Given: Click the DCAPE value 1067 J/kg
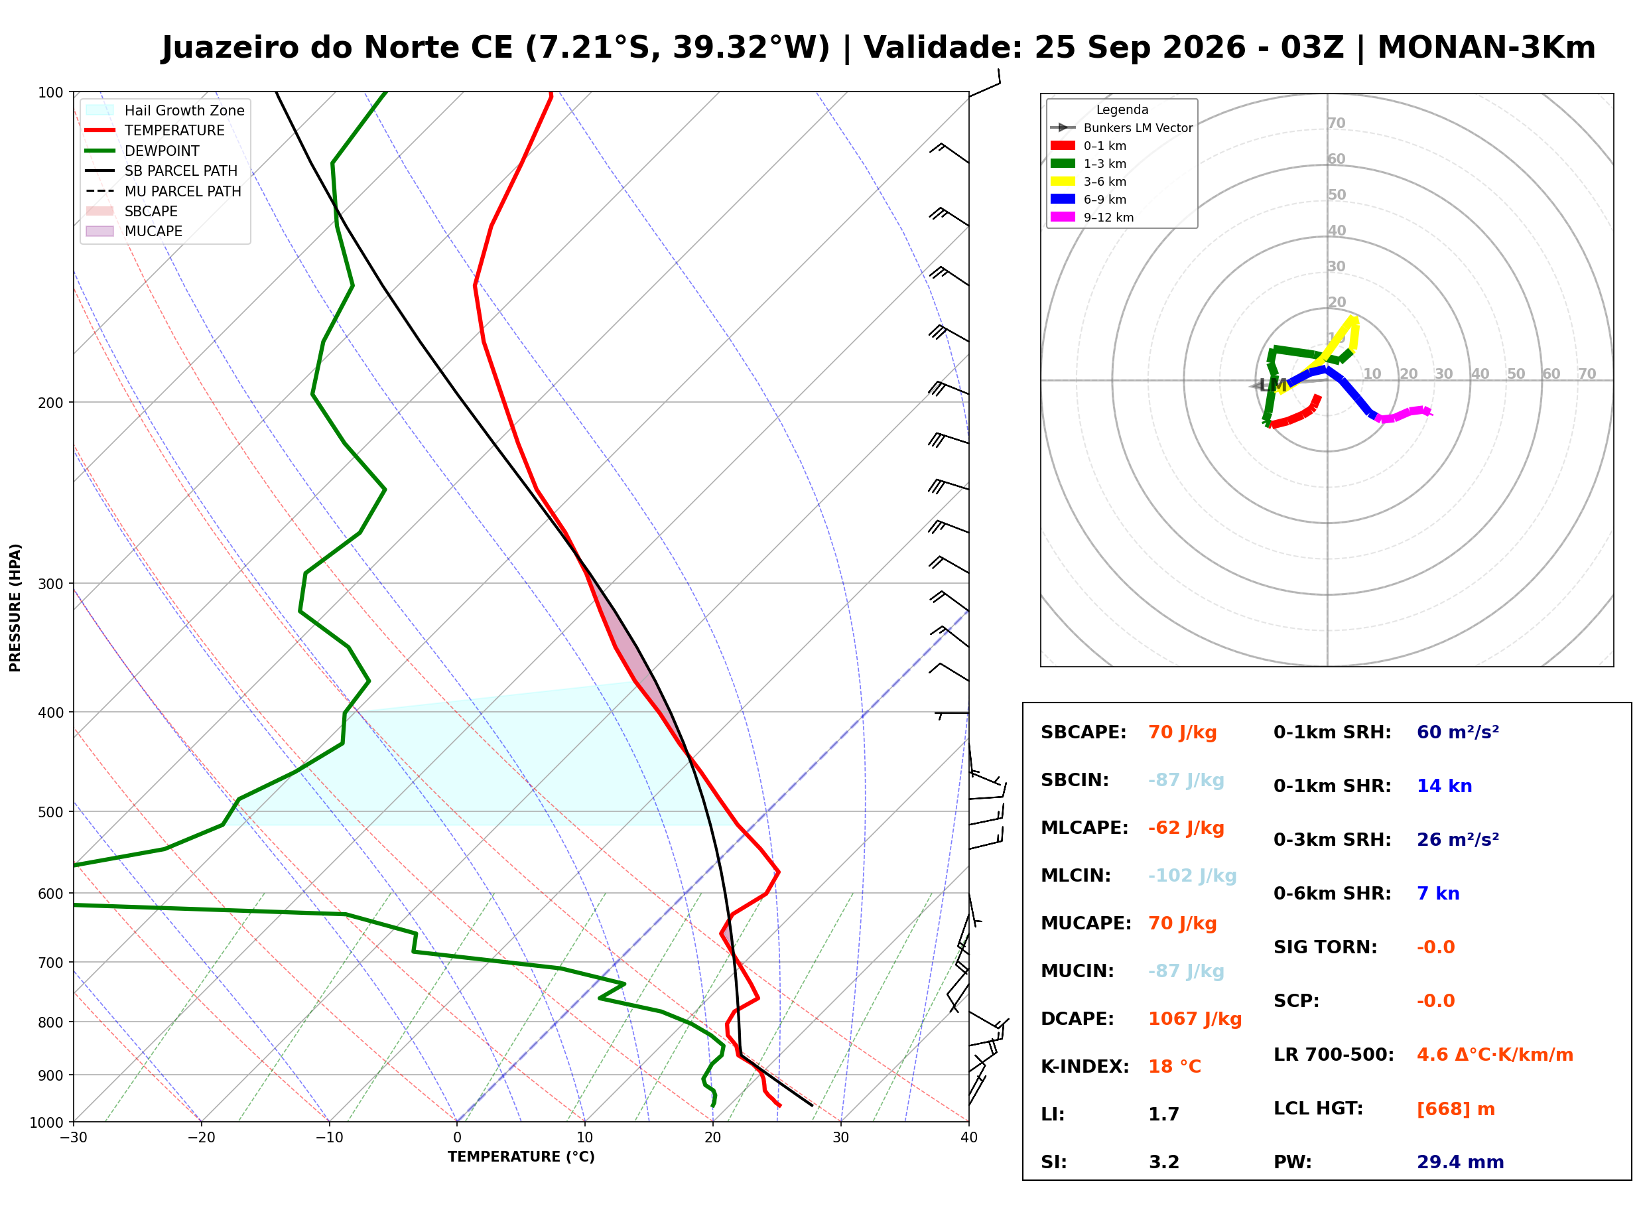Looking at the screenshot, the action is pos(1195,1018).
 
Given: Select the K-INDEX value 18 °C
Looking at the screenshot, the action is pos(1175,1066).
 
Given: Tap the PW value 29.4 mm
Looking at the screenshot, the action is pos(1459,1162).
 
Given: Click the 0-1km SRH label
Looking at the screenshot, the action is pos(1332,732).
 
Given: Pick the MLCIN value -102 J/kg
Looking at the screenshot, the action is pos(1192,875).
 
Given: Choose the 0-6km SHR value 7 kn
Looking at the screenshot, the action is pos(1437,893).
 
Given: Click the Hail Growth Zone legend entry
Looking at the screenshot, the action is pos(165,110).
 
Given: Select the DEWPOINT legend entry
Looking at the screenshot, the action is pos(143,151).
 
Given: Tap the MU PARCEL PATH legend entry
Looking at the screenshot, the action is pos(163,191).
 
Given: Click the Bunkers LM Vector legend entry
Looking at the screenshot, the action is pos(1121,127).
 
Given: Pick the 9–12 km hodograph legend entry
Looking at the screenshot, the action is pos(1092,217).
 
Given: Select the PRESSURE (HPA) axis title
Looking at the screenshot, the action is pos(15,607).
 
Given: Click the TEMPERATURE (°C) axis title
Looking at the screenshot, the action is pos(521,1157).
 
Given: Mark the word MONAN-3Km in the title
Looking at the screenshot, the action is pos(1485,47).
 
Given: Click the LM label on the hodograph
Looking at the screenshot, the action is pos(1272,385).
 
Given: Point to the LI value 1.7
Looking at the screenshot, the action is pos(1163,1114).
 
